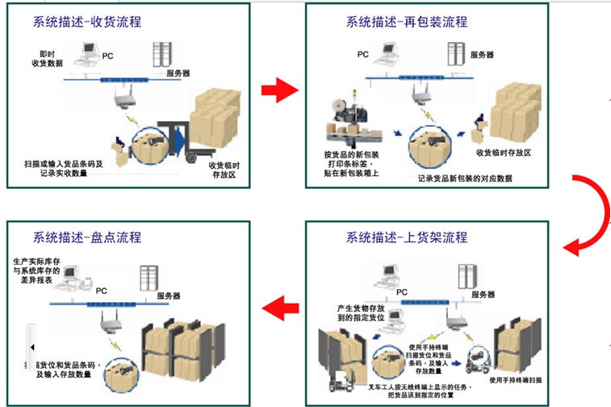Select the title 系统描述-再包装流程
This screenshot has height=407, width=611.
[x=407, y=22]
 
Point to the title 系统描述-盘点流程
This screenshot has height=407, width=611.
[x=87, y=237]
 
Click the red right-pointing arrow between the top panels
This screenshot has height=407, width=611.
[x=280, y=90]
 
